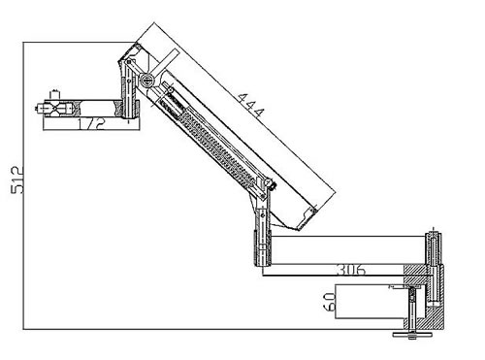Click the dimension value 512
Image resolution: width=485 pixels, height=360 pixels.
[17, 180]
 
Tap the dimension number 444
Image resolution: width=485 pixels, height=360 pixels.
[250, 106]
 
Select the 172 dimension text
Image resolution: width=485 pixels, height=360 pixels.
[91, 124]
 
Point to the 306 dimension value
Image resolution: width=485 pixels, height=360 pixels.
[351, 270]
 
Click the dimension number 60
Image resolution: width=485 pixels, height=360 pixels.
[330, 302]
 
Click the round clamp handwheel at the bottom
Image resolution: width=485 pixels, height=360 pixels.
[411, 335]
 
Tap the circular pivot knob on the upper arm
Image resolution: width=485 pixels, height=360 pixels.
[146, 79]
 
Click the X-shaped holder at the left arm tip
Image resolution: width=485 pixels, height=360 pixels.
[55, 109]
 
